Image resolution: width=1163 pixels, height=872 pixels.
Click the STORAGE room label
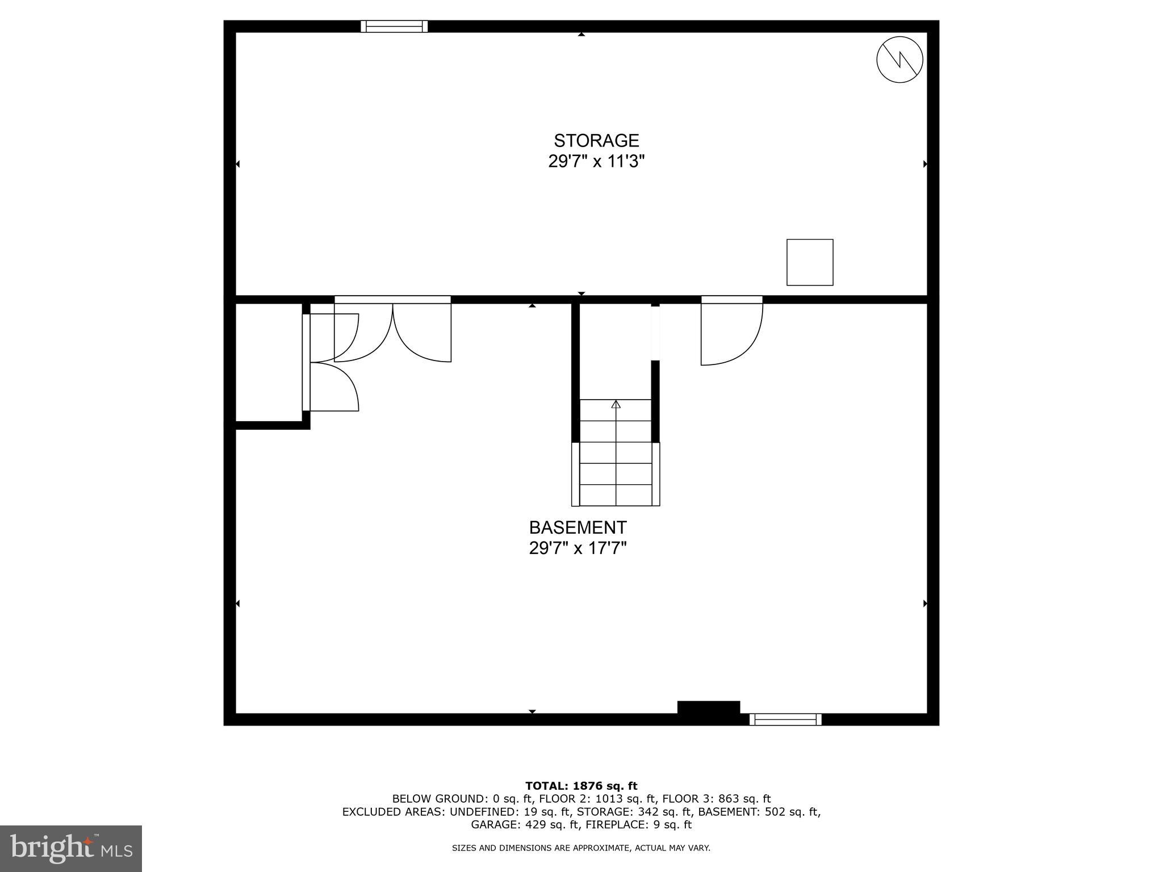click(596, 140)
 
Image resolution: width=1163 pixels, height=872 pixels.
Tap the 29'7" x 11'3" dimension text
click(596, 162)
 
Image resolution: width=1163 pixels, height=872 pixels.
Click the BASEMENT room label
click(578, 527)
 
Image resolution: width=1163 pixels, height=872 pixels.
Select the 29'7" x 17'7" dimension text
click(578, 548)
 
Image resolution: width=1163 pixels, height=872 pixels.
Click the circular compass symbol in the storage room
click(900, 60)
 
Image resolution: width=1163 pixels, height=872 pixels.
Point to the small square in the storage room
click(809, 262)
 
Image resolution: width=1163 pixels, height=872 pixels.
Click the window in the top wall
click(394, 26)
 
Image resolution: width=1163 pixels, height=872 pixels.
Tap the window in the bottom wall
click(785, 719)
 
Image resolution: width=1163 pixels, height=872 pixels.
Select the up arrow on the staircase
click(616, 405)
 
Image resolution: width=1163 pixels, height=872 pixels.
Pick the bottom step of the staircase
click(616, 495)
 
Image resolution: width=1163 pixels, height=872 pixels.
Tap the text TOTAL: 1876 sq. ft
click(581, 786)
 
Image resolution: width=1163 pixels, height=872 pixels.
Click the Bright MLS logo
click(71, 848)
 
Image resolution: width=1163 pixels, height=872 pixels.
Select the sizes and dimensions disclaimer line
click(581, 848)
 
